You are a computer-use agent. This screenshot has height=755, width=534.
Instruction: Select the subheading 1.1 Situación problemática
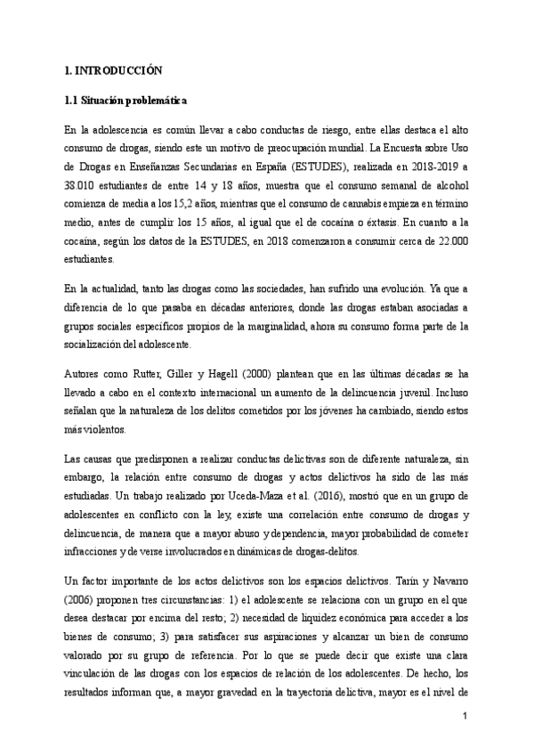coord(123,101)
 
